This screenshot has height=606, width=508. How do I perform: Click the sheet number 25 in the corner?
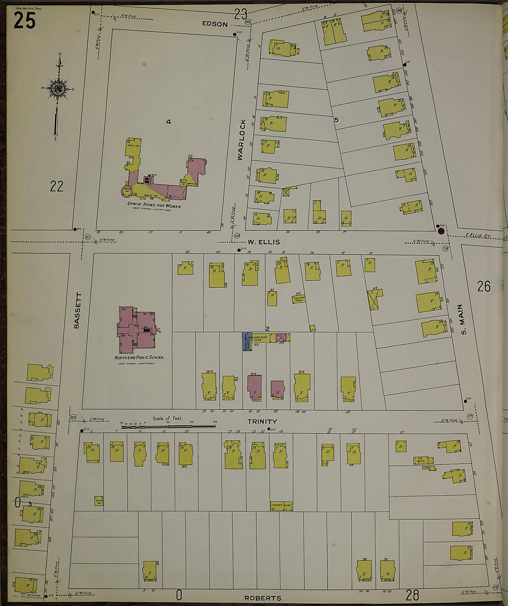point(24,20)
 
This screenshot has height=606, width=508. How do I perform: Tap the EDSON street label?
point(215,24)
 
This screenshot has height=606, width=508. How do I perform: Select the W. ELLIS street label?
point(263,242)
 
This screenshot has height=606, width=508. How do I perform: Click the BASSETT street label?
point(77,310)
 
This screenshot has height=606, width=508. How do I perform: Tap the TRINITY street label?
point(262,421)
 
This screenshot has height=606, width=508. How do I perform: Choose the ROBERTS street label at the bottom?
point(262,598)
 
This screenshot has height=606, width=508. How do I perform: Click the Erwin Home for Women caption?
point(154,205)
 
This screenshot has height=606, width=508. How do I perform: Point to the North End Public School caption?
point(139,357)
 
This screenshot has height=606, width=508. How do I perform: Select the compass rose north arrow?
point(59,88)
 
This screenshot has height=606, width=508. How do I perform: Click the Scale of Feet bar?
point(168,427)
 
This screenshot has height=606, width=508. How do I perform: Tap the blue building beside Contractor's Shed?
point(246,342)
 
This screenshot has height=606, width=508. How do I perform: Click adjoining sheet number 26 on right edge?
point(484,287)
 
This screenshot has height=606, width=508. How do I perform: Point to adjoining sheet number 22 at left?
point(56,186)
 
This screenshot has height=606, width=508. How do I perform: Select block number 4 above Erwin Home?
point(169,122)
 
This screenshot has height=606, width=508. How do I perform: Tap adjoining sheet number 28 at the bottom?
point(412,594)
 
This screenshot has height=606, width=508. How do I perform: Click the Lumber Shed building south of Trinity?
point(281,506)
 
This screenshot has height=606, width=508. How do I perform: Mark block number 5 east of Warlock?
point(336,120)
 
